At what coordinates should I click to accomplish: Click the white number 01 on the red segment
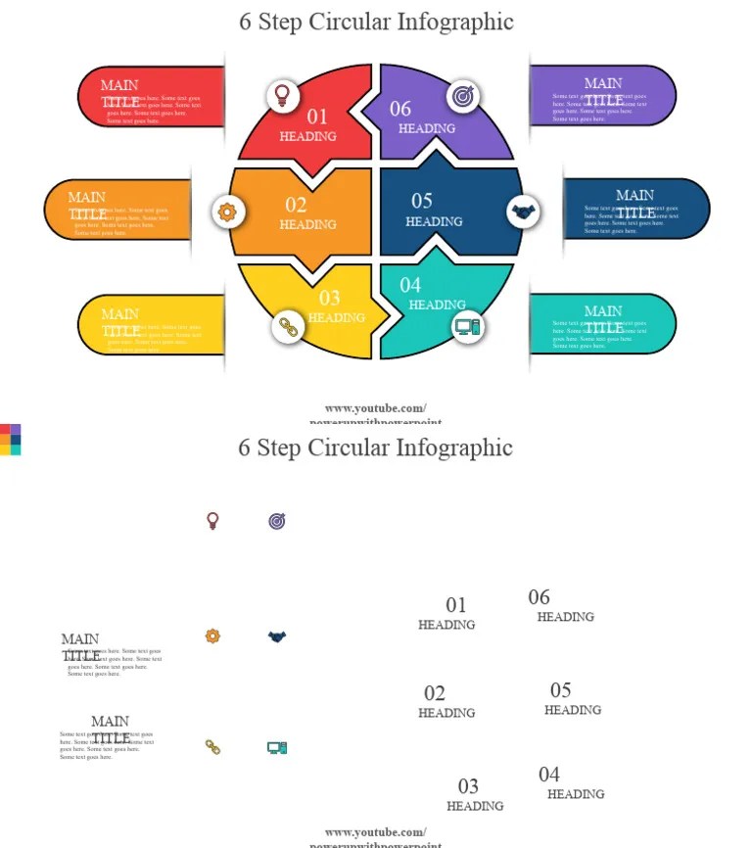coord(317,118)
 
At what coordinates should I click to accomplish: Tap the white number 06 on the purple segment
coord(400,109)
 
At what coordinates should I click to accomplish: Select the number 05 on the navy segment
coord(422,201)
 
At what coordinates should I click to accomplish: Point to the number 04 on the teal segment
coord(410,285)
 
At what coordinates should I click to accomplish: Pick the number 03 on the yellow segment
coord(330,299)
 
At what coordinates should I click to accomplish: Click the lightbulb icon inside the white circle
coord(283,96)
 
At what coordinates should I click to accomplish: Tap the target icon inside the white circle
coord(463,96)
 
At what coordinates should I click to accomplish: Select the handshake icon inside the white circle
coord(524,211)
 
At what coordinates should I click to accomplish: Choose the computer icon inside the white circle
coord(467,327)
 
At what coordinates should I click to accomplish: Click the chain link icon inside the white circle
coord(288,327)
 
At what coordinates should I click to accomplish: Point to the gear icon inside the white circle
coord(228,211)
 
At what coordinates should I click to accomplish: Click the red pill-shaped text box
coord(152,97)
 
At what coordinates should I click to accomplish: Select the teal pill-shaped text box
coord(601,324)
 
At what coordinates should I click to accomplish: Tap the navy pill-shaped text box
coord(635,209)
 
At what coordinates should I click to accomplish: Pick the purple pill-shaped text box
coord(601,96)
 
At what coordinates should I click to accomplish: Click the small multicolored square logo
coord(10,440)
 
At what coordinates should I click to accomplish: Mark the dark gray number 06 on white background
coord(539,597)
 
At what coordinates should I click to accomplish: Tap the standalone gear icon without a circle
coord(212,636)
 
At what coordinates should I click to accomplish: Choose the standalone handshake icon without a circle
coord(277,636)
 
